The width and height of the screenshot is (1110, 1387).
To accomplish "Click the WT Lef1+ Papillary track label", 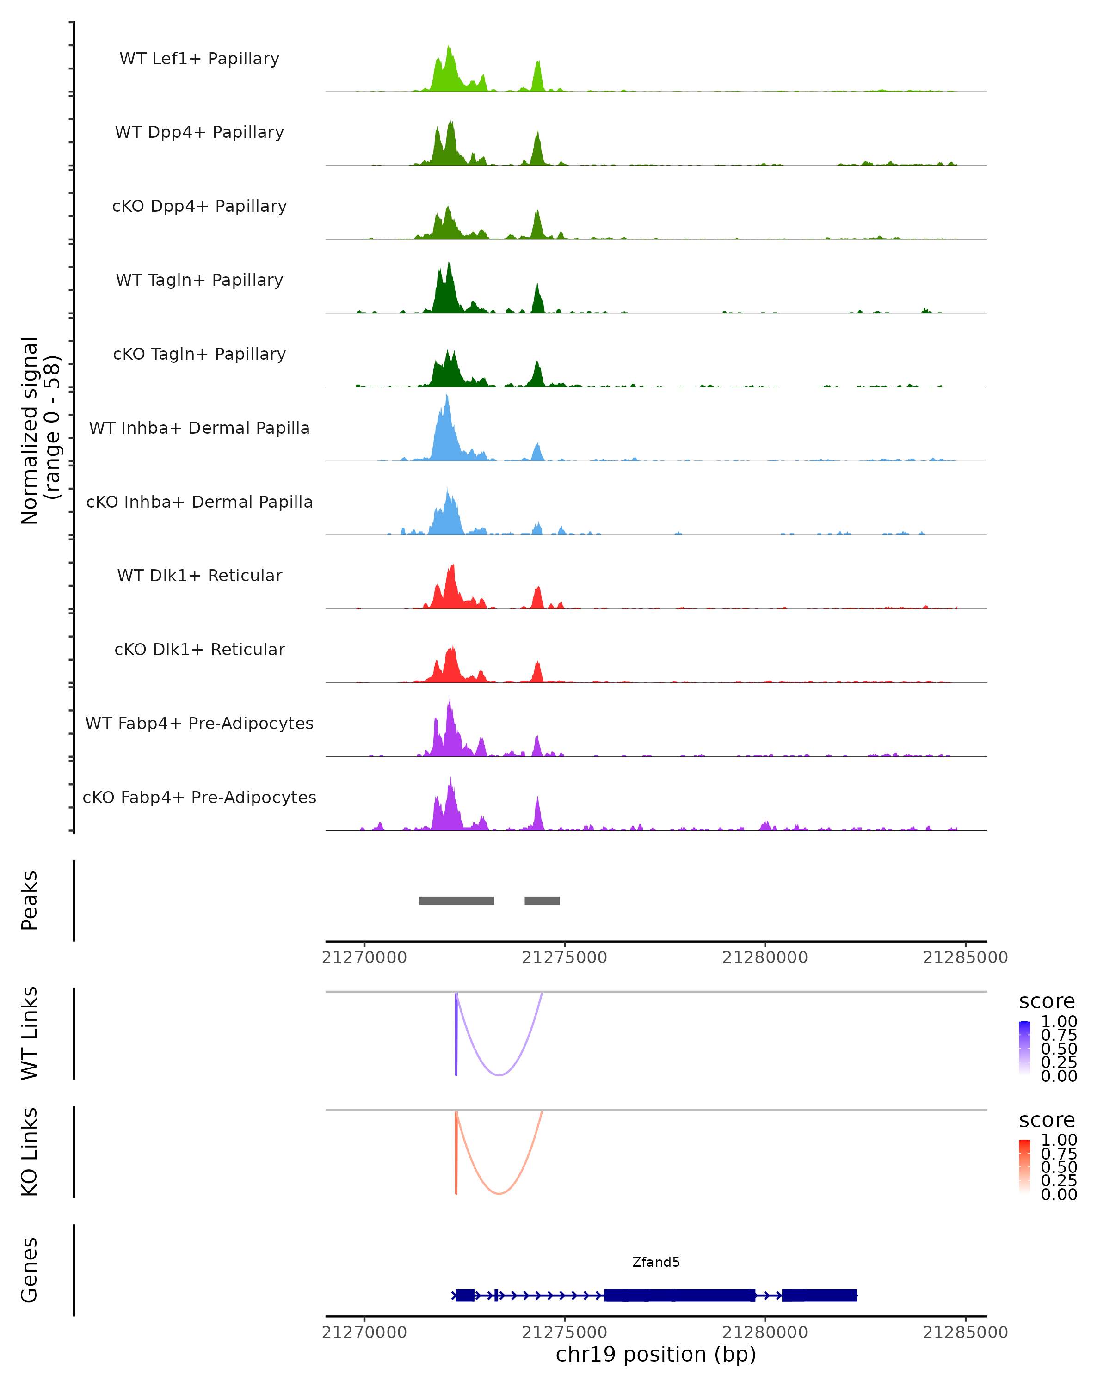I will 199,59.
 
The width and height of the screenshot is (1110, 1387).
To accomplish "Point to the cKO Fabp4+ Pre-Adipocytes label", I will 199,798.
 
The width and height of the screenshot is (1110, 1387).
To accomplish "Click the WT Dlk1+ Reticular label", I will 199,576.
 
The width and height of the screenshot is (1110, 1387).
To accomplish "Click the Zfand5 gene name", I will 656,1262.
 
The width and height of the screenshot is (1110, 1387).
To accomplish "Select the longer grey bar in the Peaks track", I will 456,901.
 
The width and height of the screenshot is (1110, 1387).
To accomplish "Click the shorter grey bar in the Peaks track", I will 542,901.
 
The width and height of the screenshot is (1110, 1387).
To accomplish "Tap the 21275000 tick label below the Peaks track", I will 564,958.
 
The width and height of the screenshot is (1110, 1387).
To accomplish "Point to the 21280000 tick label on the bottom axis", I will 765,1332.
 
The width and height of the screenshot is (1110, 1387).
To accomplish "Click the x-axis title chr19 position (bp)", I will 656,1355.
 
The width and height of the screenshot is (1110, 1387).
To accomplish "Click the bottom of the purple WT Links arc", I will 499,1075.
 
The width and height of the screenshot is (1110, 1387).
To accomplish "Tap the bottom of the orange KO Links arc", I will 499,1193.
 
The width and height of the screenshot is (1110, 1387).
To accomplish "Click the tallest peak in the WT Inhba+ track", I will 447,398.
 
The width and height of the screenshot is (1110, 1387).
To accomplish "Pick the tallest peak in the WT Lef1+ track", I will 449,48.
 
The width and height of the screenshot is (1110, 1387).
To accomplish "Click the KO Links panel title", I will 29,1152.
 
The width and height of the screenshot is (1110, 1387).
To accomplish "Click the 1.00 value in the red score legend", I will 1059,1140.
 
